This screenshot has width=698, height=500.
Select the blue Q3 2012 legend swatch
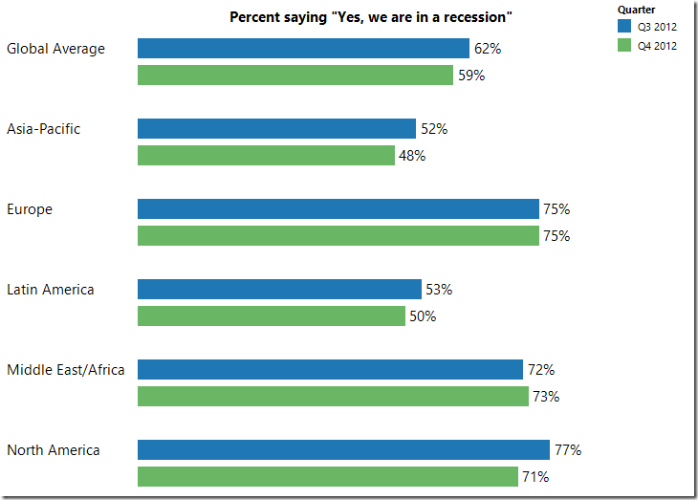click(x=624, y=27)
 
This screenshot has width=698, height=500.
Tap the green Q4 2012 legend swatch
click(x=624, y=45)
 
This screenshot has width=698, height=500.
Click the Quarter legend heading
click(x=636, y=10)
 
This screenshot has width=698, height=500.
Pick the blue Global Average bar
click(x=303, y=49)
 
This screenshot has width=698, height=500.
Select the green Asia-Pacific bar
click(x=266, y=156)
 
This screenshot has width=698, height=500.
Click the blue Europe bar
click(x=338, y=209)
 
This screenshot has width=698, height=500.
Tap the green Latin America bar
click(x=272, y=316)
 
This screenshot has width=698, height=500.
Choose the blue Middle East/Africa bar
click(x=330, y=370)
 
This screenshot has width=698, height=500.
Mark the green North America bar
click(x=328, y=477)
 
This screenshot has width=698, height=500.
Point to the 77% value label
click(x=568, y=450)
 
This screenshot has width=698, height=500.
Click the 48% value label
click(x=412, y=156)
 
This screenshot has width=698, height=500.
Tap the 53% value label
click(x=439, y=290)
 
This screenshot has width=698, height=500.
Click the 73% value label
click(x=546, y=397)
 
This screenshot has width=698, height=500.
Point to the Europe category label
click(x=30, y=209)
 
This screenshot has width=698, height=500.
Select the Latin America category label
click(x=51, y=290)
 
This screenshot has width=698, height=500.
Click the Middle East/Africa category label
click(x=66, y=370)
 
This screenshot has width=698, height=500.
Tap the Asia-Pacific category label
click(x=44, y=129)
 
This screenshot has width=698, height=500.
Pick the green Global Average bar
click(x=295, y=76)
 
